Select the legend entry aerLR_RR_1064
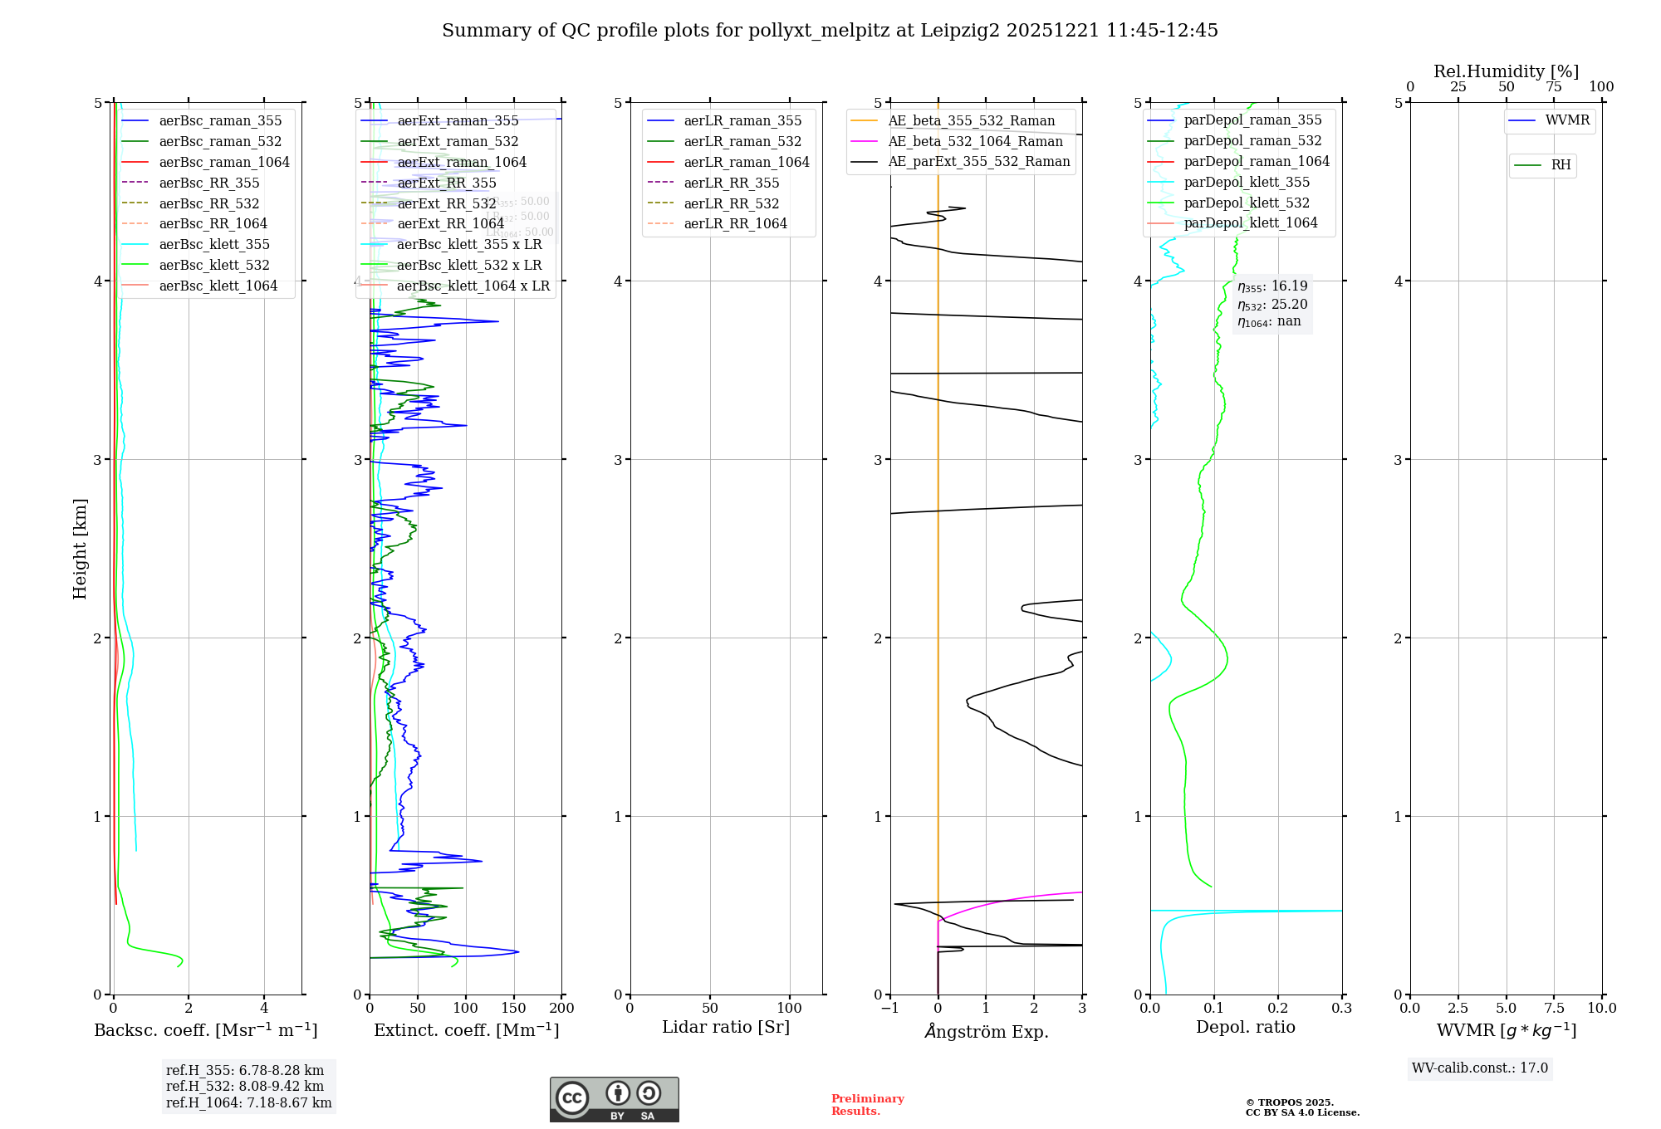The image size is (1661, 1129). point(735,223)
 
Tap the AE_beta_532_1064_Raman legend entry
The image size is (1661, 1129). point(975,141)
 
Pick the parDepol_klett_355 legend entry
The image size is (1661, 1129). point(1246,182)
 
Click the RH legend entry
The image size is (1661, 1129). point(1561,165)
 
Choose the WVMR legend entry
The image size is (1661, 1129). point(1567,120)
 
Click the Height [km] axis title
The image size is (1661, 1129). point(80,549)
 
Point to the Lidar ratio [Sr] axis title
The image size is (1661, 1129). point(725,1027)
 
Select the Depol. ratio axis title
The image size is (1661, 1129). point(1245,1027)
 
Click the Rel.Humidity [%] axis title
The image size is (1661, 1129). point(1506,71)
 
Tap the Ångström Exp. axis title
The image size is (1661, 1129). point(986,1031)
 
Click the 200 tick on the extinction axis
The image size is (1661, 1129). point(562,1009)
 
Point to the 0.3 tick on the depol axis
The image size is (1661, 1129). point(1341,1009)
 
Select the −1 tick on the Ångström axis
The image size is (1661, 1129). point(889,1009)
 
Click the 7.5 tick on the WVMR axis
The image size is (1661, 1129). point(1554,1009)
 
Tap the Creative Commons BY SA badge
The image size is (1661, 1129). point(614,1099)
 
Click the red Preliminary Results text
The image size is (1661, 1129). point(867,1105)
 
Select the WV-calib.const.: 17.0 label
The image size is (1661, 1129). point(1480,1068)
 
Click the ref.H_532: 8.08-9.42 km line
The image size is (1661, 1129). point(245,1086)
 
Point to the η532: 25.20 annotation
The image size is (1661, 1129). point(1272,305)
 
